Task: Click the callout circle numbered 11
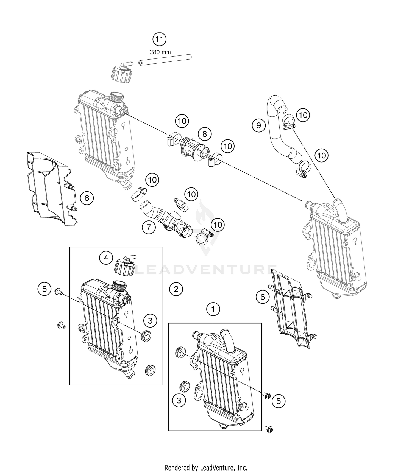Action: [160, 39]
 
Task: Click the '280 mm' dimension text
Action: [160, 52]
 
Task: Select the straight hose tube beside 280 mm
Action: [165, 60]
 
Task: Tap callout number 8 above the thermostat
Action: [205, 134]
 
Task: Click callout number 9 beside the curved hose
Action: [259, 125]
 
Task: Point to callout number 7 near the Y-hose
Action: [149, 227]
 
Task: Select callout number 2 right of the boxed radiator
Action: [176, 289]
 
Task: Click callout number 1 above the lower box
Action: [213, 309]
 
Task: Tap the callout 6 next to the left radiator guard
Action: [87, 198]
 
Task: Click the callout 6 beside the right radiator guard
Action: [263, 297]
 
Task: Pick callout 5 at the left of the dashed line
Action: [45, 289]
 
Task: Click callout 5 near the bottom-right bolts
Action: [279, 401]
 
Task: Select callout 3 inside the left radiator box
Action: [150, 320]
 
